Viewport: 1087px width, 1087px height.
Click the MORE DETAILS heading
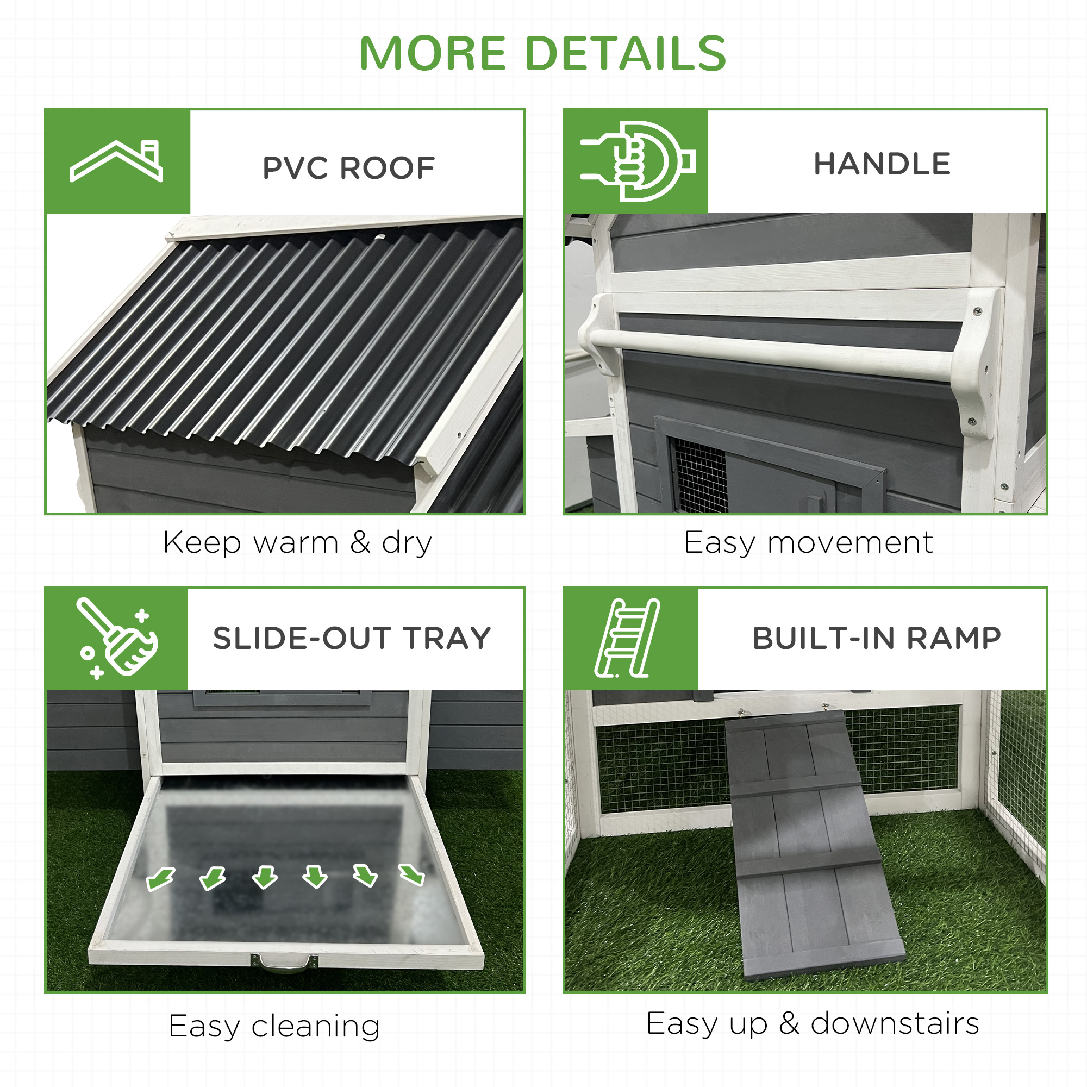(543, 53)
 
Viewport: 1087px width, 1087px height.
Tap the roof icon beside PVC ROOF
(116, 161)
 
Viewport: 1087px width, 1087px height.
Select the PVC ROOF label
(349, 167)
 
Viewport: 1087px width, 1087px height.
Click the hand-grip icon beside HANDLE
(637, 161)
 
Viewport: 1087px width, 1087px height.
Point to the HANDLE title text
(882, 164)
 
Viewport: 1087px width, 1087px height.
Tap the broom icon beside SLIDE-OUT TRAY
(117, 638)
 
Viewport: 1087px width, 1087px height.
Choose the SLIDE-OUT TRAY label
(352, 638)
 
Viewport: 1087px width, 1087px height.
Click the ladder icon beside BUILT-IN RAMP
(627, 638)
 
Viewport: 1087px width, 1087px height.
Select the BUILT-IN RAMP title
(877, 638)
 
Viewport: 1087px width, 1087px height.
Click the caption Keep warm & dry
(298, 543)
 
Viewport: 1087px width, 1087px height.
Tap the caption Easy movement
(809, 543)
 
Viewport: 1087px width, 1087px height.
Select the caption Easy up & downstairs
(813, 1023)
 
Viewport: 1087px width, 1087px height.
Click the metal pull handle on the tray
(284, 964)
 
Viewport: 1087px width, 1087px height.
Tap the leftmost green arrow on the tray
(161, 878)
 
